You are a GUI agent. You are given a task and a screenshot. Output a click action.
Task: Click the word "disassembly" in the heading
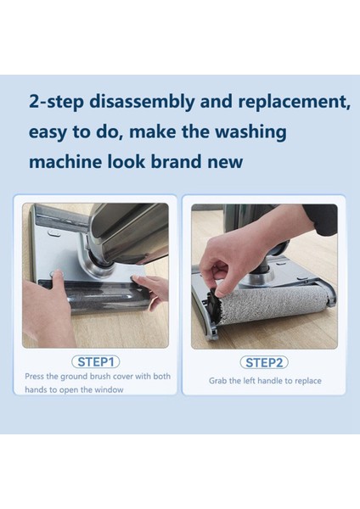[x=142, y=102]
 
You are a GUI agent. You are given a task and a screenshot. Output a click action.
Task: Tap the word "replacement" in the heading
[x=294, y=101]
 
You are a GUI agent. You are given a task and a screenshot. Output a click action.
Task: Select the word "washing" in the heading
[x=250, y=133]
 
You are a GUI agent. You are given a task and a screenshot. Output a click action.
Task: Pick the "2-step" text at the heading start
[x=56, y=102]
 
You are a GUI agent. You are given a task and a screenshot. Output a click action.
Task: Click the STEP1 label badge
[x=96, y=361]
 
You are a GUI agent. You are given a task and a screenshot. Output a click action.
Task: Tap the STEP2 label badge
[x=264, y=362]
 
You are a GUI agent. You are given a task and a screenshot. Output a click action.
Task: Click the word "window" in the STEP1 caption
[x=109, y=389]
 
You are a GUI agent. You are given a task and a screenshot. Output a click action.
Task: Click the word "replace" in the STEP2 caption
[x=307, y=381]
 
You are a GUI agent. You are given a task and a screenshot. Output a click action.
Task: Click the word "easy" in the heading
[x=48, y=133]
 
